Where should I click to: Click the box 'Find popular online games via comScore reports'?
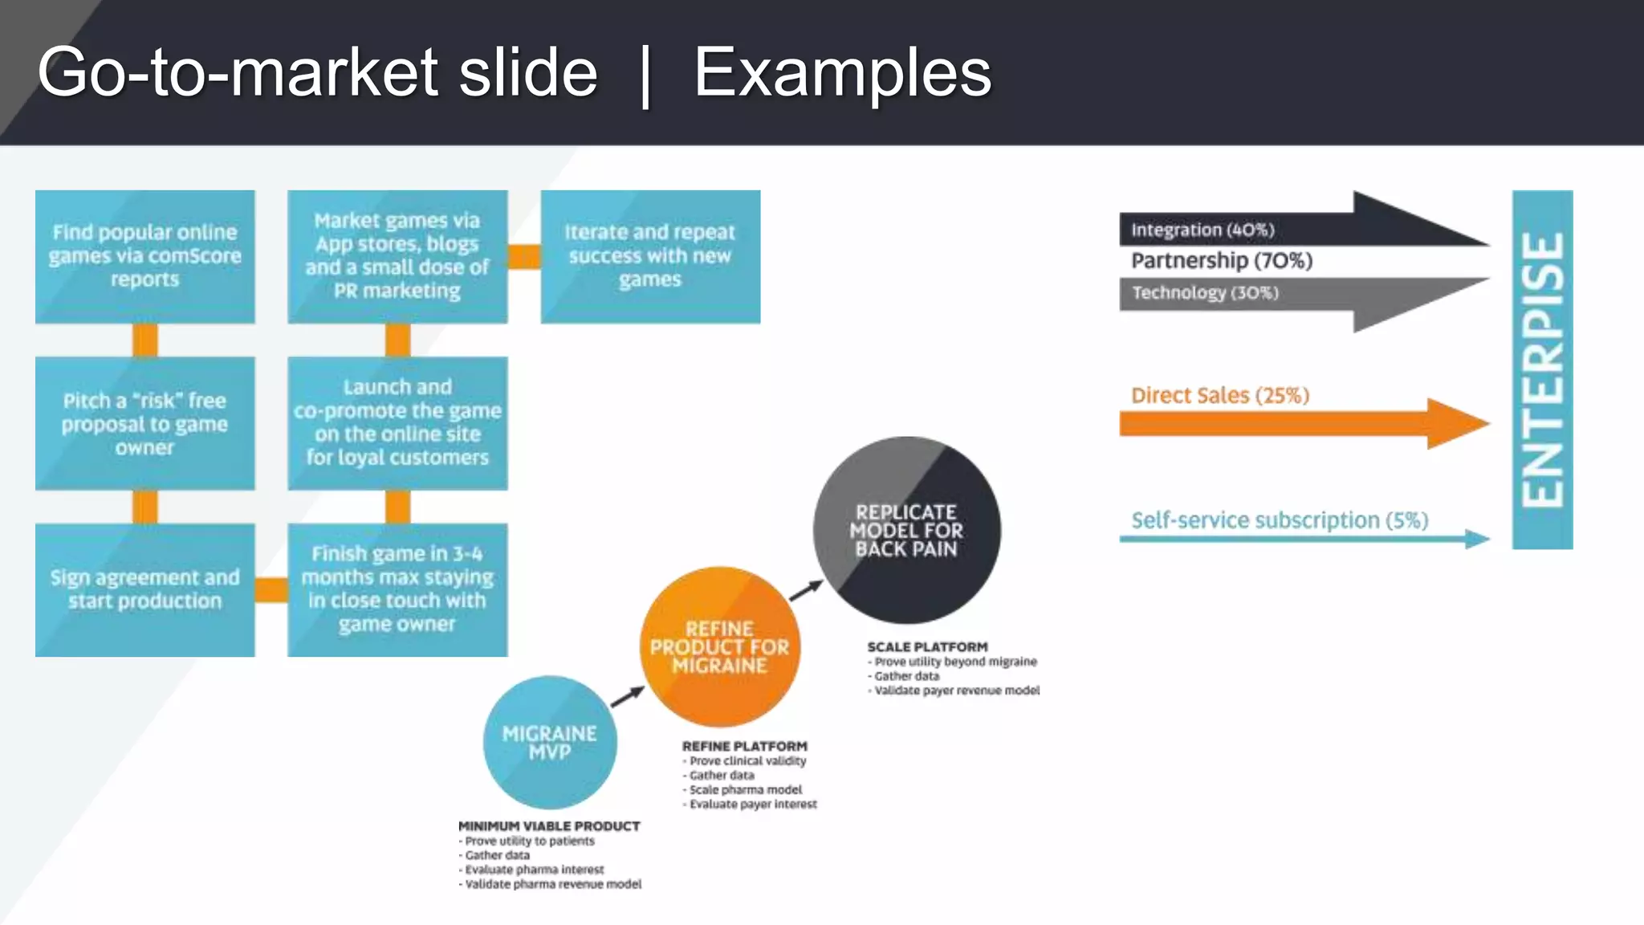tap(144, 256)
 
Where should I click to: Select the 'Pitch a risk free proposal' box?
tap(144, 423)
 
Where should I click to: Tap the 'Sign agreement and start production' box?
tap(144, 589)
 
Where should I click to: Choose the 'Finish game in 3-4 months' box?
tap(397, 589)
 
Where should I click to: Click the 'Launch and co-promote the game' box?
tap(397, 423)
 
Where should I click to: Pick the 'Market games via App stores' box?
tap(397, 256)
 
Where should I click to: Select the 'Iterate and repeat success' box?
tap(650, 256)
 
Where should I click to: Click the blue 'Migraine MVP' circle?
tap(550, 743)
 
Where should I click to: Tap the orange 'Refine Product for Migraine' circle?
tap(720, 647)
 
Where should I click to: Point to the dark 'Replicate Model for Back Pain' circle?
tap(907, 530)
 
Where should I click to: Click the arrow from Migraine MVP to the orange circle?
tap(628, 696)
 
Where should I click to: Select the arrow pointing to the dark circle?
tap(806, 589)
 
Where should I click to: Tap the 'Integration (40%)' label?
tap(1202, 230)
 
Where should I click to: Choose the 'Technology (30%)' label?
tap(1205, 293)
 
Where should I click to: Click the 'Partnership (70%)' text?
tap(1222, 261)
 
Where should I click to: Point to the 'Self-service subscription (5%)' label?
tap(1280, 520)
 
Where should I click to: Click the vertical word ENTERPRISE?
tap(1542, 369)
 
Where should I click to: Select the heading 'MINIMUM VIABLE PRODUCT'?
tap(549, 826)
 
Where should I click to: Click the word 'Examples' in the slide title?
tap(842, 73)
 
